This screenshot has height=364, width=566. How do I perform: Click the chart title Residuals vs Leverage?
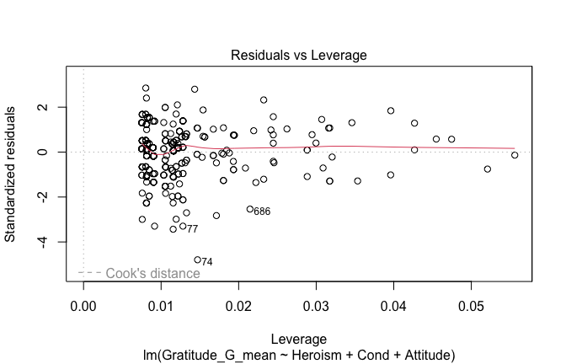point(298,55)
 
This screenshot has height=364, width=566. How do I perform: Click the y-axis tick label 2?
point(51,107)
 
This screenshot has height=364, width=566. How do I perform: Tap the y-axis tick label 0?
point(51,152)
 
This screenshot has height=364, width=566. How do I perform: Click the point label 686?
point(262,211)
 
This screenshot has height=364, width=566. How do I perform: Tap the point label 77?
point(192,229)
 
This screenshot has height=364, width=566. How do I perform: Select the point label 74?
point(206,262)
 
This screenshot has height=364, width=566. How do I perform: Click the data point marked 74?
point(197,260)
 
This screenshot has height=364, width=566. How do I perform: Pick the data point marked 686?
point(249,209)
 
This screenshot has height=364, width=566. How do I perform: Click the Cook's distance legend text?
point(152,273)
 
